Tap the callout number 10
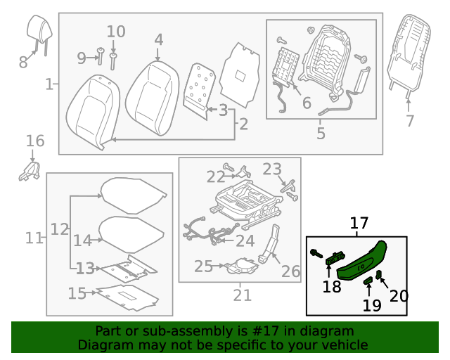(116, 32)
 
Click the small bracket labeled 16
(30, 170)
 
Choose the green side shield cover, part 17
(363, 258)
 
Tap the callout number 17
(359, 224)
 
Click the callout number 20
(398, 296)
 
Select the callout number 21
(242, 296)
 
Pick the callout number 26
(290, 271)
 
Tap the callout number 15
(77, 293)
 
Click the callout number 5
(321, 132)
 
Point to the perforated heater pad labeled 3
(200, 86)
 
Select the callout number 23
(271, 169)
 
